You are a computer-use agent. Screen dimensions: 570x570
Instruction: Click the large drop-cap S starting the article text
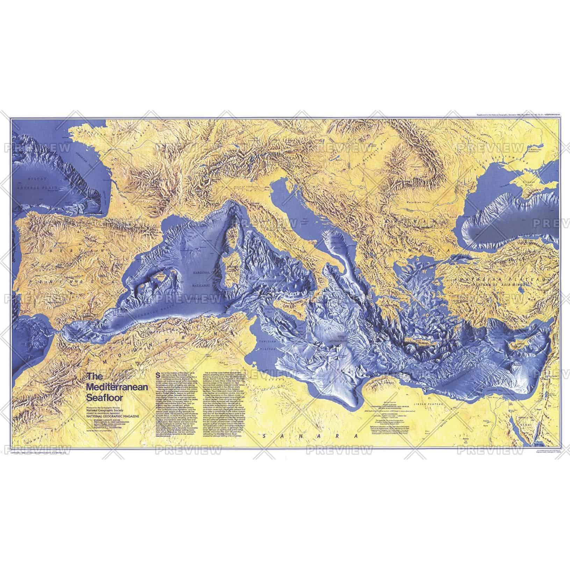[x=160, y=375]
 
